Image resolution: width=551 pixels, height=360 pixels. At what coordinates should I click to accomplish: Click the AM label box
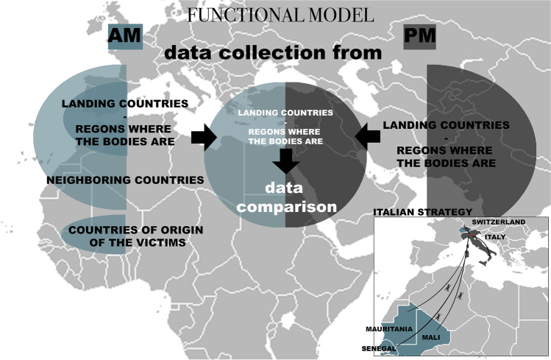click(x=124, y=36)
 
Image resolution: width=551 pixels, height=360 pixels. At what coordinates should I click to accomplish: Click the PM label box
click(x=421, y=36)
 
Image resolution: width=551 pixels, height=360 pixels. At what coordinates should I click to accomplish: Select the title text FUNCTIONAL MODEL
click(x=280, y=14)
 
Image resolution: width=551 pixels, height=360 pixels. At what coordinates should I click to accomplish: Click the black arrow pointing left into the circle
click(x=369, y=135)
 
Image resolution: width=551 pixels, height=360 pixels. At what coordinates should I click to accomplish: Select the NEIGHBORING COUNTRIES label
click(x=125, y=180)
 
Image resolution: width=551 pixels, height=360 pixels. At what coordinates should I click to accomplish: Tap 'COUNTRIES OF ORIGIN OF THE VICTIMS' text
click(x=135, y=236)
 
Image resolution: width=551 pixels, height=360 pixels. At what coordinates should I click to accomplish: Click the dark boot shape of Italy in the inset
click(x=480, y=250)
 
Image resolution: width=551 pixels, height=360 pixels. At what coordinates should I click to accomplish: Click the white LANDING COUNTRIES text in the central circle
click(x=285, y=112)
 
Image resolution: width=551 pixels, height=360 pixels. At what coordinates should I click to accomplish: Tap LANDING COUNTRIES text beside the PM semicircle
click(x=446, y=125)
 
